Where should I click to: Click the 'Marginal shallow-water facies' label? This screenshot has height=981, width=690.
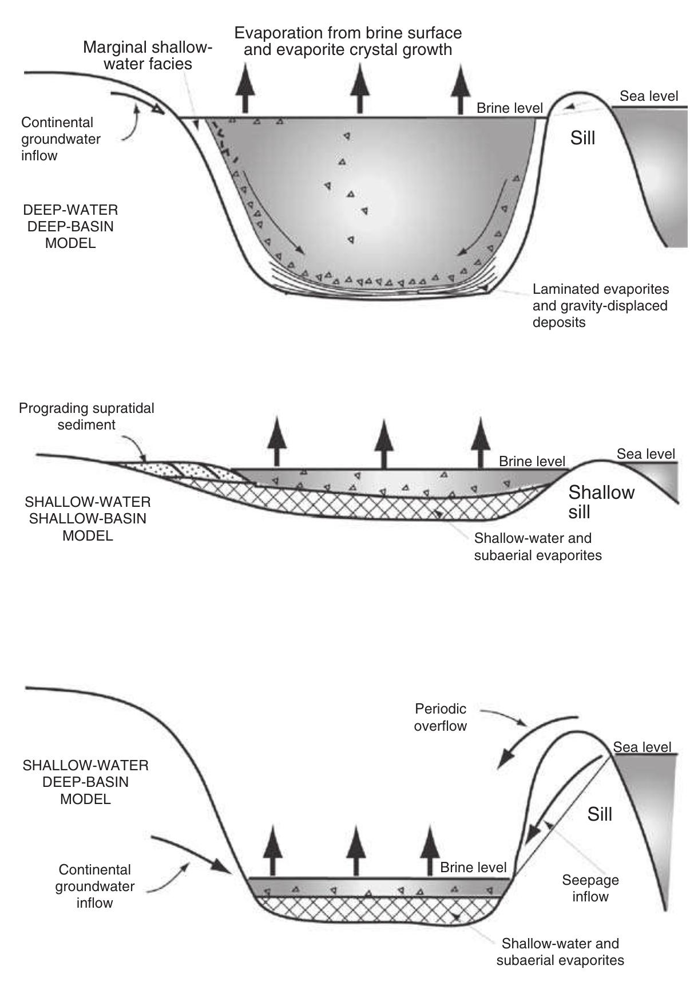pos(147,55)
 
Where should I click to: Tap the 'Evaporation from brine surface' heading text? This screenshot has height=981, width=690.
pos(348,33)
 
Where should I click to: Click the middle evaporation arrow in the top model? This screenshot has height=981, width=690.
pos(359,89)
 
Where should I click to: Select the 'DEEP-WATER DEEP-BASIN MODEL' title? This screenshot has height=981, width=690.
pos(71,226)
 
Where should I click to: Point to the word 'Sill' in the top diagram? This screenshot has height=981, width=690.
pos(582,138)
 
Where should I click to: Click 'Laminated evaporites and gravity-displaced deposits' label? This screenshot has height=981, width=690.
pos(600,306)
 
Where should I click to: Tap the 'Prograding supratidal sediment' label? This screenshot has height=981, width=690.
pos(86,416)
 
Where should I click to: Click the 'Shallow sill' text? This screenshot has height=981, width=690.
pos(601,501)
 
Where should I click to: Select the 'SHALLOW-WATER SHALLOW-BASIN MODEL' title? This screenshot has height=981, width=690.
pos(88,519)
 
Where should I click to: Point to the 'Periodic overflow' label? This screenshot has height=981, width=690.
pos(440,717)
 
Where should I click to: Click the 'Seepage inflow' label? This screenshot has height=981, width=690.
pos(590,888)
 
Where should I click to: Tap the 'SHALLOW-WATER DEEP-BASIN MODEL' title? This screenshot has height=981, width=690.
pos(85,782)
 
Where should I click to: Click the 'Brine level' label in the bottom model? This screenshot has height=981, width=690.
pos(473,868)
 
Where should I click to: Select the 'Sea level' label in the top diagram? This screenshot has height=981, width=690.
pos(649,96)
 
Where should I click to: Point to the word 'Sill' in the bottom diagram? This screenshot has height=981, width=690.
pos(599,814)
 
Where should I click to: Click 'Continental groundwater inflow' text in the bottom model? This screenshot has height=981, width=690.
pos(94,886)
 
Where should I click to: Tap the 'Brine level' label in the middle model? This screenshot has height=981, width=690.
pos(532,461)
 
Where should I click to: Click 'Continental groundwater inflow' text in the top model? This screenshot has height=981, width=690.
pos(61,139)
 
